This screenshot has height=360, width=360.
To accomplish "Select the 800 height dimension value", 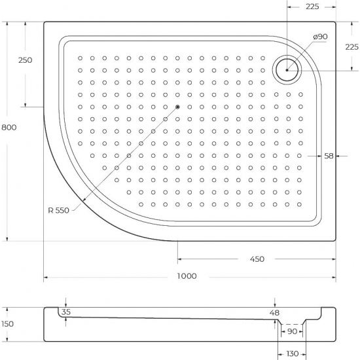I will coord(9,128).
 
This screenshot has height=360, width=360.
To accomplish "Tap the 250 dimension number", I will coord(25,60).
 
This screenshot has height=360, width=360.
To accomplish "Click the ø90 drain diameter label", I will coord(320,37).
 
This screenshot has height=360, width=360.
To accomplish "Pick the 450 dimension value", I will coord(257,259).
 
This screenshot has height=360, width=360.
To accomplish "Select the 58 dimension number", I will coord(329,156).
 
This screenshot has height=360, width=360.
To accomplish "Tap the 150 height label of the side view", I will coord(8,323).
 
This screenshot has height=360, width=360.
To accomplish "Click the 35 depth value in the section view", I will coord(65,312).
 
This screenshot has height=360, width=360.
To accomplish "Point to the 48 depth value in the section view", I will coord(275,313).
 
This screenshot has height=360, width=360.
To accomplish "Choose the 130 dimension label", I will coord(291,353).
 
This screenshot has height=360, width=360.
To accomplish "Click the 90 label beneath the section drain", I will coord(293,332).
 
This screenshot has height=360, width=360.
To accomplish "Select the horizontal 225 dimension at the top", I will coord(312,8).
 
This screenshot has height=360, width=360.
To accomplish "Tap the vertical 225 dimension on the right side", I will coord(351,46).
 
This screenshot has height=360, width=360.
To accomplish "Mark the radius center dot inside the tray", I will coord(177,107).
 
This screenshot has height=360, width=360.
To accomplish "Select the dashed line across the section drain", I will coord(293,324).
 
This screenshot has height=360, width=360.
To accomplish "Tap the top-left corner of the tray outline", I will coord(45,22).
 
